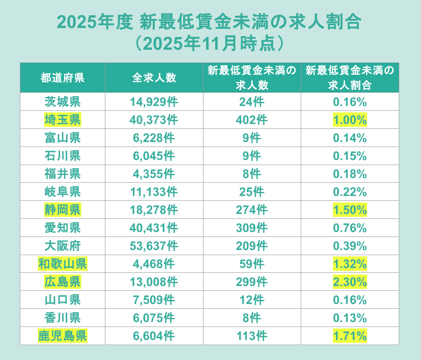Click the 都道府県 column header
click(62, 78)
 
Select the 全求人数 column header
click(154, 78)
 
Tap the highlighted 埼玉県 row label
click(62, 120)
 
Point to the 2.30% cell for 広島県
click(350, 282)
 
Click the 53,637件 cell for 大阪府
click(154, 246)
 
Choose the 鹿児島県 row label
click(62, 336)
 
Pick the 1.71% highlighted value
click(350, 336)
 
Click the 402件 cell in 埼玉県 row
click(251, 120)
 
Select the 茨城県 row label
click(62, 102)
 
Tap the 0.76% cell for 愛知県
click(350, 228)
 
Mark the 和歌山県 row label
click(62, 264)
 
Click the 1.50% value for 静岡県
click(350, 210)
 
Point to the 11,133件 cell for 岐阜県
click(154, 192)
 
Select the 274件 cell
click(251, 210)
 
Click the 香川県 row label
click(62, 317)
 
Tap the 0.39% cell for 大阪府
click(350, 246)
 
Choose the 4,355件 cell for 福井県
click(154, 174)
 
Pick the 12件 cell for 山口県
click(251, 300)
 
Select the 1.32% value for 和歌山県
click(350, 264)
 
